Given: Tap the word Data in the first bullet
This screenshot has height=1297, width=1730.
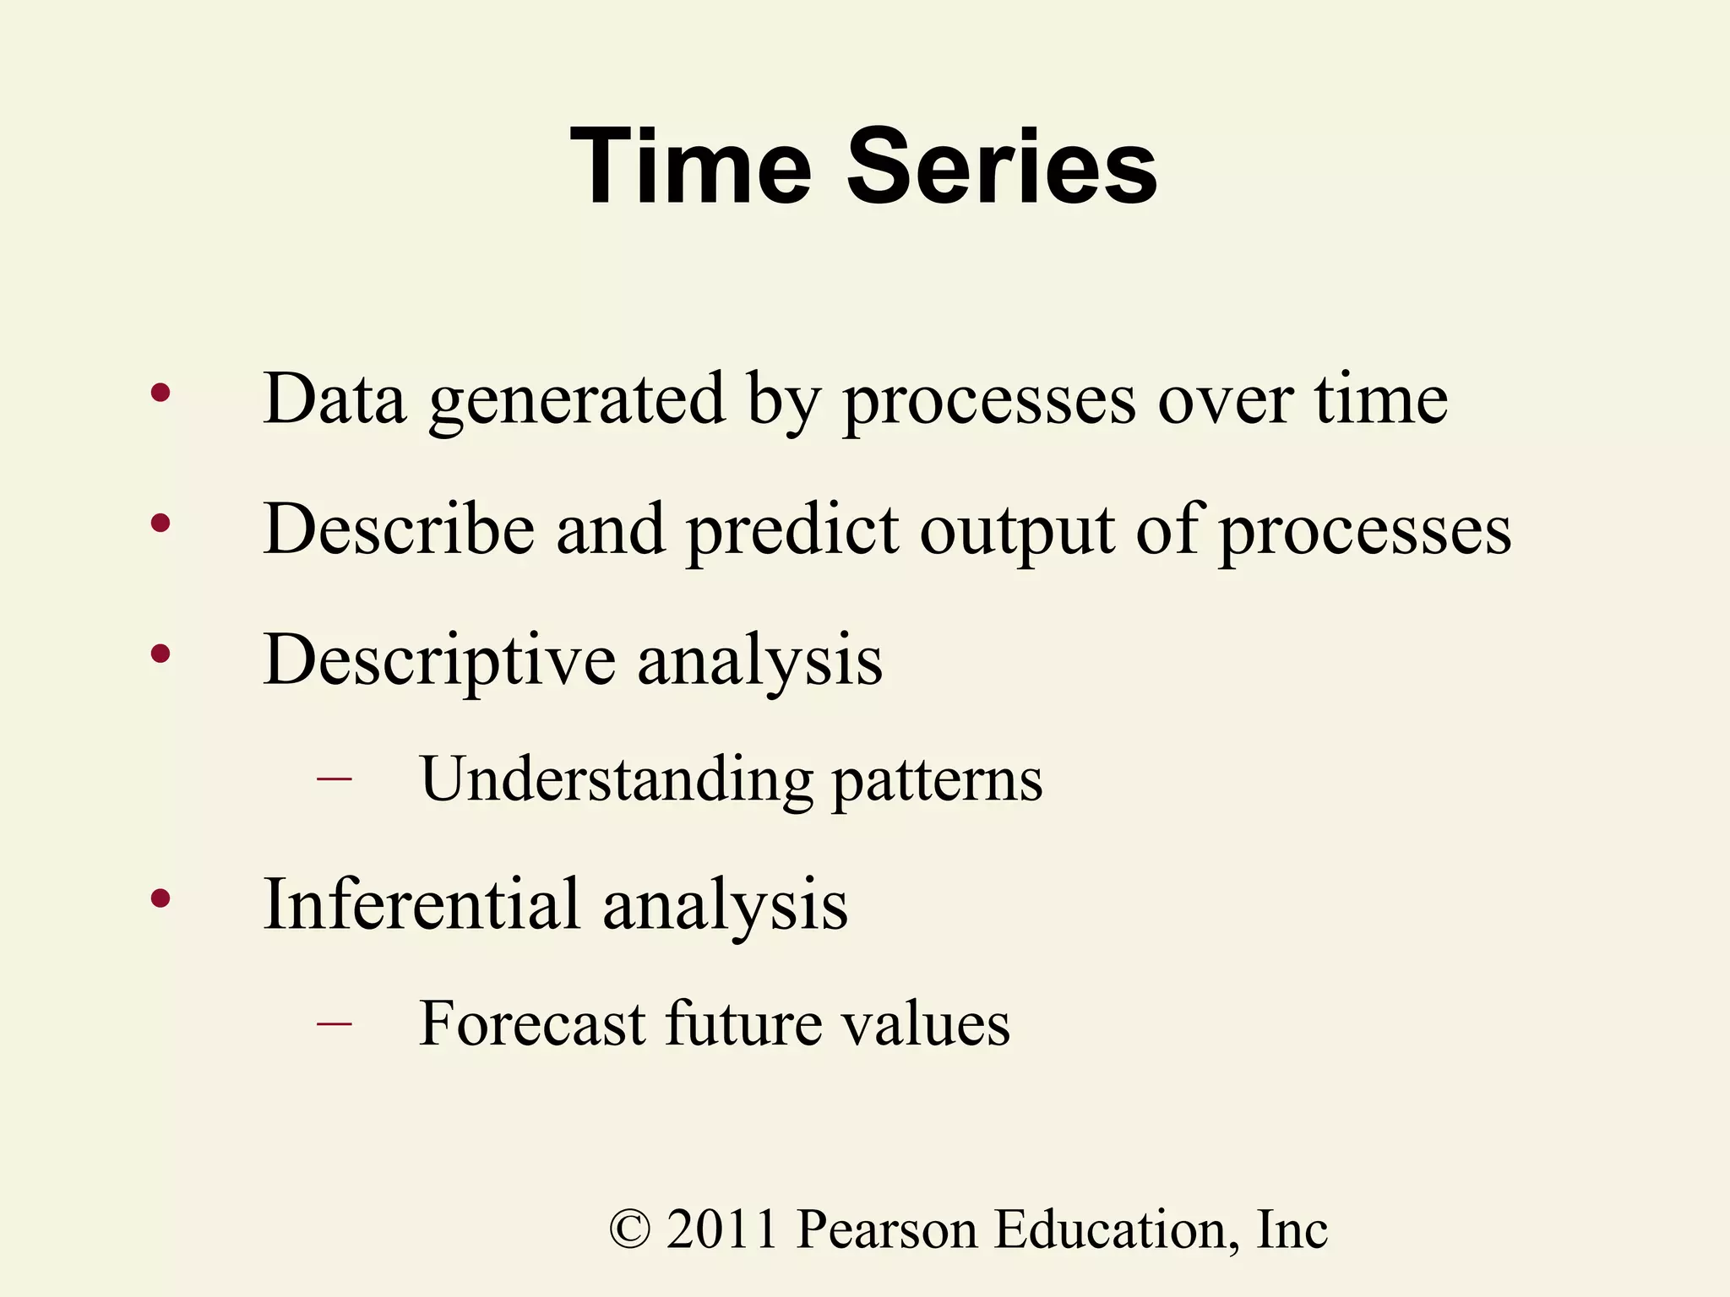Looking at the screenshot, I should (x=335, y=399).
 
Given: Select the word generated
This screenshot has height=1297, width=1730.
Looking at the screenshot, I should (x=577, y=400).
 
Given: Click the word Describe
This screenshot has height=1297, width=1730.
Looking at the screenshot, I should (x=399, y=529).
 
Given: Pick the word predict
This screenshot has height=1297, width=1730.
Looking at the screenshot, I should (x=792, y=531).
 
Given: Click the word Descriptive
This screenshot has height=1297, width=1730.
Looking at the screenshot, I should (x=439, y=660).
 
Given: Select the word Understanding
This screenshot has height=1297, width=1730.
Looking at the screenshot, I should (x=617, y=779).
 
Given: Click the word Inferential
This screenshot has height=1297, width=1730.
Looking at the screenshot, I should (x=422, y=904).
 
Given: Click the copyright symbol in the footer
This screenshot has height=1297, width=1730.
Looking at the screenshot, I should (x=630, y=1229).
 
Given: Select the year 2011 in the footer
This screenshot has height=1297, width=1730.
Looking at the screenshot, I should (x=722, y=1229).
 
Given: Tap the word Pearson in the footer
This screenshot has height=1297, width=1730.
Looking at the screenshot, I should (x=887, y=1229).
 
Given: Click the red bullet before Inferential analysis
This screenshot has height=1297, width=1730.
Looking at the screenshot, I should (x=160, y=898).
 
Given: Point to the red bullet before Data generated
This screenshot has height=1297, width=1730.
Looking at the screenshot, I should (x=160, y=393).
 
